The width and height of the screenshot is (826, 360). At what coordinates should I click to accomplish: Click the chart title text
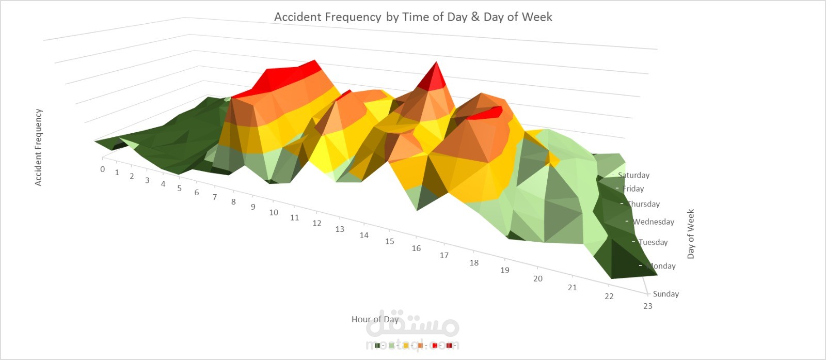(413, 17)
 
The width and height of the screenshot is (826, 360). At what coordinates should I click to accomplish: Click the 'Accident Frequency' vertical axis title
(38, 147)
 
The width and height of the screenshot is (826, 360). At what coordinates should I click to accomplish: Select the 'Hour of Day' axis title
(375, 319)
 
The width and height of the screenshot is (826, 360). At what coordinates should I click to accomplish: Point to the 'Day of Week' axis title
(691, 233)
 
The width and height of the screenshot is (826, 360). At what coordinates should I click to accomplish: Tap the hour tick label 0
(103, 169)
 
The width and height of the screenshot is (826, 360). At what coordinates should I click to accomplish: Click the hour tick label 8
(233, 202)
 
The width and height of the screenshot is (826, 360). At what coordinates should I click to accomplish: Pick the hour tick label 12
(316, 223)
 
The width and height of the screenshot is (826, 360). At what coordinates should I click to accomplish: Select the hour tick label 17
(444, 255)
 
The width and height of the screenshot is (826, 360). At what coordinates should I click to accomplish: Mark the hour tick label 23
(647, 306)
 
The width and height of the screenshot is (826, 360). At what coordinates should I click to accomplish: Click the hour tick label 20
(538, 278)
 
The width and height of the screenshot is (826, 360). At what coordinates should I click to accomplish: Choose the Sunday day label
(665, 294)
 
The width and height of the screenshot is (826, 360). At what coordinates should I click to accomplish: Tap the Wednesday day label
(654, 222)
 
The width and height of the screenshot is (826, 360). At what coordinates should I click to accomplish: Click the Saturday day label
(634, 175)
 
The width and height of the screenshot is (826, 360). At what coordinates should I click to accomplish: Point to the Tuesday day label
(653, 242)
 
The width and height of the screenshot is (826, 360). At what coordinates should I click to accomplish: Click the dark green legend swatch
(377, 346)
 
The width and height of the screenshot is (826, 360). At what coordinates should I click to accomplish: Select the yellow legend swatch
(406, 346)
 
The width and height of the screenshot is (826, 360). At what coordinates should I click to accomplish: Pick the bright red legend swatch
(435, 346)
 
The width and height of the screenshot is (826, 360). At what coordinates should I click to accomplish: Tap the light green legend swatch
(392, 346)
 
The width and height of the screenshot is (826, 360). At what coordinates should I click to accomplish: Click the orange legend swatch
(420, 346)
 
